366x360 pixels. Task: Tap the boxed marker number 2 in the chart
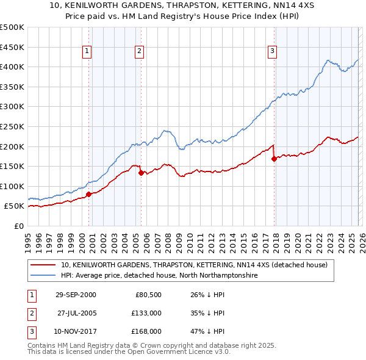[140, 52]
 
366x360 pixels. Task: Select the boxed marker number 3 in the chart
[272, 52]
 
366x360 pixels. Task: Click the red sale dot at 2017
[274, 159]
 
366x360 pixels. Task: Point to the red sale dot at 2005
[141, 173]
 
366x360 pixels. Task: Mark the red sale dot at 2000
[89, 194]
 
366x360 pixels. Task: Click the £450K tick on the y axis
[12, 47]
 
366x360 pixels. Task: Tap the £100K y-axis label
[12, 186]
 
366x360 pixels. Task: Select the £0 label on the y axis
[19, 226]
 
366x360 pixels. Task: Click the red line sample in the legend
[43, 265]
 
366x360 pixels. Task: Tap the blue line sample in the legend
[43, 276]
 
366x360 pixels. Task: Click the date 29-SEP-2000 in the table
[76, 295]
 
